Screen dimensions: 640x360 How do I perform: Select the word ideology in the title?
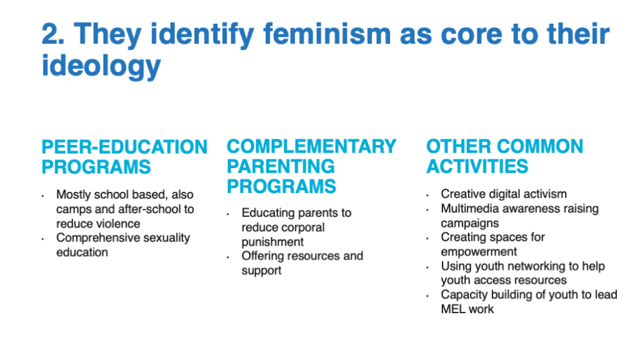[101, 66]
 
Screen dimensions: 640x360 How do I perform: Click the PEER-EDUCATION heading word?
[124, 147]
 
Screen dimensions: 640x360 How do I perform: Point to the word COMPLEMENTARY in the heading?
[311, 146]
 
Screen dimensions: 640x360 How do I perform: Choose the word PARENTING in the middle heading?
[281, 166]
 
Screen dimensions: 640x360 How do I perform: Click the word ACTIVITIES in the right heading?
[477, 166]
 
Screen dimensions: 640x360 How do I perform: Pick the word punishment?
[272, 242]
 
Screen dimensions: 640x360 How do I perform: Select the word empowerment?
[479, 252]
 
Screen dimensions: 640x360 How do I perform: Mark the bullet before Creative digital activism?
[427, 196]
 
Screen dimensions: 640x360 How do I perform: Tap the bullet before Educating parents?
[227, 214]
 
